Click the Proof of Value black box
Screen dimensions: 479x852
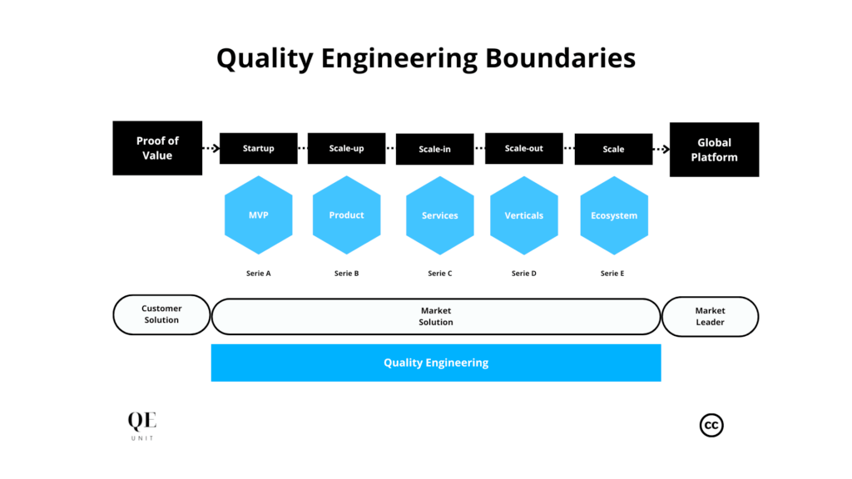157,148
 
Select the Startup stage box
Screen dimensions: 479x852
258,149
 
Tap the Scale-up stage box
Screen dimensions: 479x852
346,149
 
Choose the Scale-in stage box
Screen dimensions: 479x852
434,150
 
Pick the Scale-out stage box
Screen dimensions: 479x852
523,149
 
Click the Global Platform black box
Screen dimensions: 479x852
714,150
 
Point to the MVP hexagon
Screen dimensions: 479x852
259,215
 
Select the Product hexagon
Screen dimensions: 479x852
346,215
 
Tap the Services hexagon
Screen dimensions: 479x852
439,215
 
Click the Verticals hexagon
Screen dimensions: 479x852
523,215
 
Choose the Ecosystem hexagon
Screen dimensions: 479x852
613,215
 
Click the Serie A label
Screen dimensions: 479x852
259,274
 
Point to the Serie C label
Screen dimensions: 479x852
439,274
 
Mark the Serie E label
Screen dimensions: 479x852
612,274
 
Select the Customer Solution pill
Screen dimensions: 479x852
161,314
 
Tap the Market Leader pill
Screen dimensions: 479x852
710,317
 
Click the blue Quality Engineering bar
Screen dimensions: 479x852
436,363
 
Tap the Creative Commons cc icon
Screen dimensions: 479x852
711,425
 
